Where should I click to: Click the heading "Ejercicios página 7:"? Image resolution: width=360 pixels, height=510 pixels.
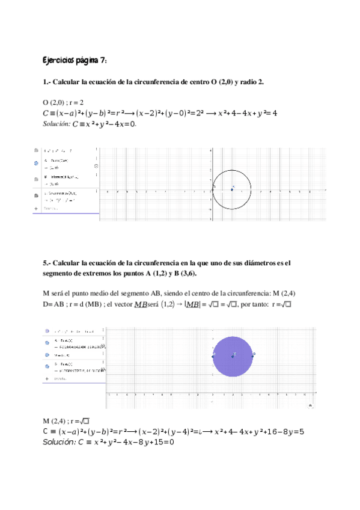(x=75, y=61)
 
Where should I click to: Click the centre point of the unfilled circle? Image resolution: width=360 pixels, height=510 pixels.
(x=233, y=189)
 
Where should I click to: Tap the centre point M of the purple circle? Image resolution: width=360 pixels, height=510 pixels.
(x=233, y=356)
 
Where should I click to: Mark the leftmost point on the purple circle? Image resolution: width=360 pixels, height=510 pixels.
(x=213, y=356)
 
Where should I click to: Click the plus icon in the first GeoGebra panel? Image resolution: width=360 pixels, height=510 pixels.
(x=37, y=209)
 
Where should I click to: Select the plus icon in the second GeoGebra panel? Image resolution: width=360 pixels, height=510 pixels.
(x=46, y=379)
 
